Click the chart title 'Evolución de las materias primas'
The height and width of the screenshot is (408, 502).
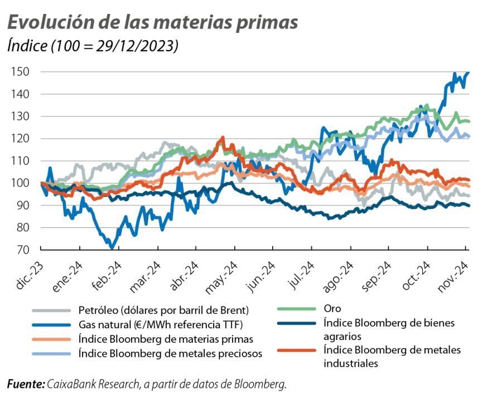pos(152,22)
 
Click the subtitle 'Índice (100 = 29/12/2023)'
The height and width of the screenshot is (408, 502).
pos(93,46)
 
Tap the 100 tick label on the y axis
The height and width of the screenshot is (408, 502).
pos(20,183)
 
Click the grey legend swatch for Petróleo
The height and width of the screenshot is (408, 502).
pos(52,310)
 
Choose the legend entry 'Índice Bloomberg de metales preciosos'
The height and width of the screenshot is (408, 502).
pos(170,353)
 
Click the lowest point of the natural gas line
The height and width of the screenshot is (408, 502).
pos(113,247)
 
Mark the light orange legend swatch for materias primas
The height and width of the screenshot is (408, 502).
pos(52,339)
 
